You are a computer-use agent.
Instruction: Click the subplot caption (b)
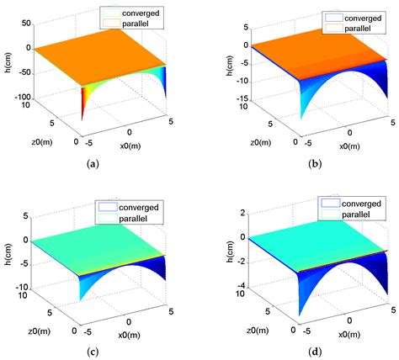(297, 163)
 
